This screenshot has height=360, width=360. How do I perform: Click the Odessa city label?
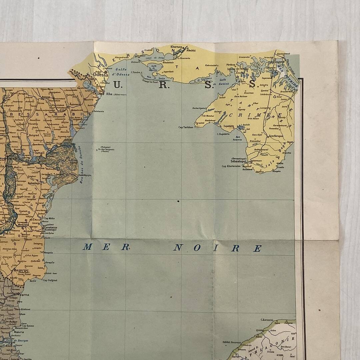tap(101, 75)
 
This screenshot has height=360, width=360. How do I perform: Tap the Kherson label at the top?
tap(176, 47)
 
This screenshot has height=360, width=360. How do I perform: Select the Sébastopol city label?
tap(238, 161)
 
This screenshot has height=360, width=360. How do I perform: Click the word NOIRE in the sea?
tap(217, 248)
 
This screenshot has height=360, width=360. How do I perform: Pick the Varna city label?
tap(24, 295)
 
